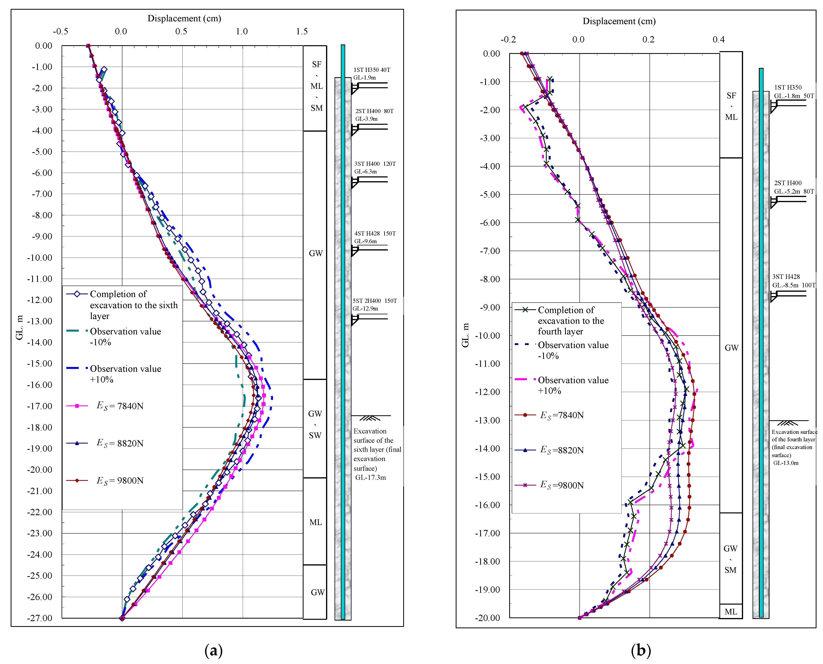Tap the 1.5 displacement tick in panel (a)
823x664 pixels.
click(302, 31)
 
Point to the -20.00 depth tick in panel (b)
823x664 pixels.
click(487, 618)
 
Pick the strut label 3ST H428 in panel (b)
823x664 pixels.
click(786, 277)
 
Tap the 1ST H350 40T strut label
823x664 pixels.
click(372, 70)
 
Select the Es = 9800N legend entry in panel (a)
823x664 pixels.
click(120, 480)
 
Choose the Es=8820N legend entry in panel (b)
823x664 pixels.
click(561, 450)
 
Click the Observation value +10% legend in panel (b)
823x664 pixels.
click(573, 385)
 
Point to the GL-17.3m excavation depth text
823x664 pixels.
click(370, 477)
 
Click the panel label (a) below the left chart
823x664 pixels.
click(213, 650)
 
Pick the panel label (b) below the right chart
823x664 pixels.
click(641, 650)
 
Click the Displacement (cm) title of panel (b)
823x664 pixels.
click(619, 21)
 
